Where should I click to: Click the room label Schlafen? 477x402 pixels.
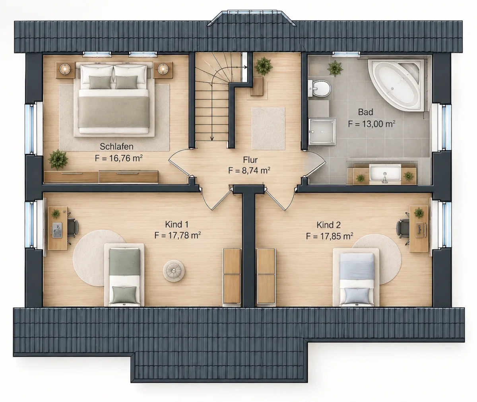116,147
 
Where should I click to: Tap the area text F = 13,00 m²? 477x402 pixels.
372,124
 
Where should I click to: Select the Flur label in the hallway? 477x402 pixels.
250,160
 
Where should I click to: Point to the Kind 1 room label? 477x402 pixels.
177,224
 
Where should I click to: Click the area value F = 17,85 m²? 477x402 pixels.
330,236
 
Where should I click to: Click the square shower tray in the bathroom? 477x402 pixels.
322,132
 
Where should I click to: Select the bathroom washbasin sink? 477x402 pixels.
385,174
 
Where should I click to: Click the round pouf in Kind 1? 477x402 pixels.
174,271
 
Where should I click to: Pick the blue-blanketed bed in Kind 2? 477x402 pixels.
356,277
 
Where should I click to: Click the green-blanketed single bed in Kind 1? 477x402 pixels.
124,275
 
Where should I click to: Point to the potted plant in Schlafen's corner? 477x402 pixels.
58,159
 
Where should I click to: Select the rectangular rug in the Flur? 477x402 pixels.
268,129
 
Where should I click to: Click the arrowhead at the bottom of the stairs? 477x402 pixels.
212,138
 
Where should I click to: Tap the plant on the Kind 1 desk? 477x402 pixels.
56,214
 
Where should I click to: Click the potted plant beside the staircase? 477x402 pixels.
264,66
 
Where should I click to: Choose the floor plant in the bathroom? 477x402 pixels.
335,68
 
